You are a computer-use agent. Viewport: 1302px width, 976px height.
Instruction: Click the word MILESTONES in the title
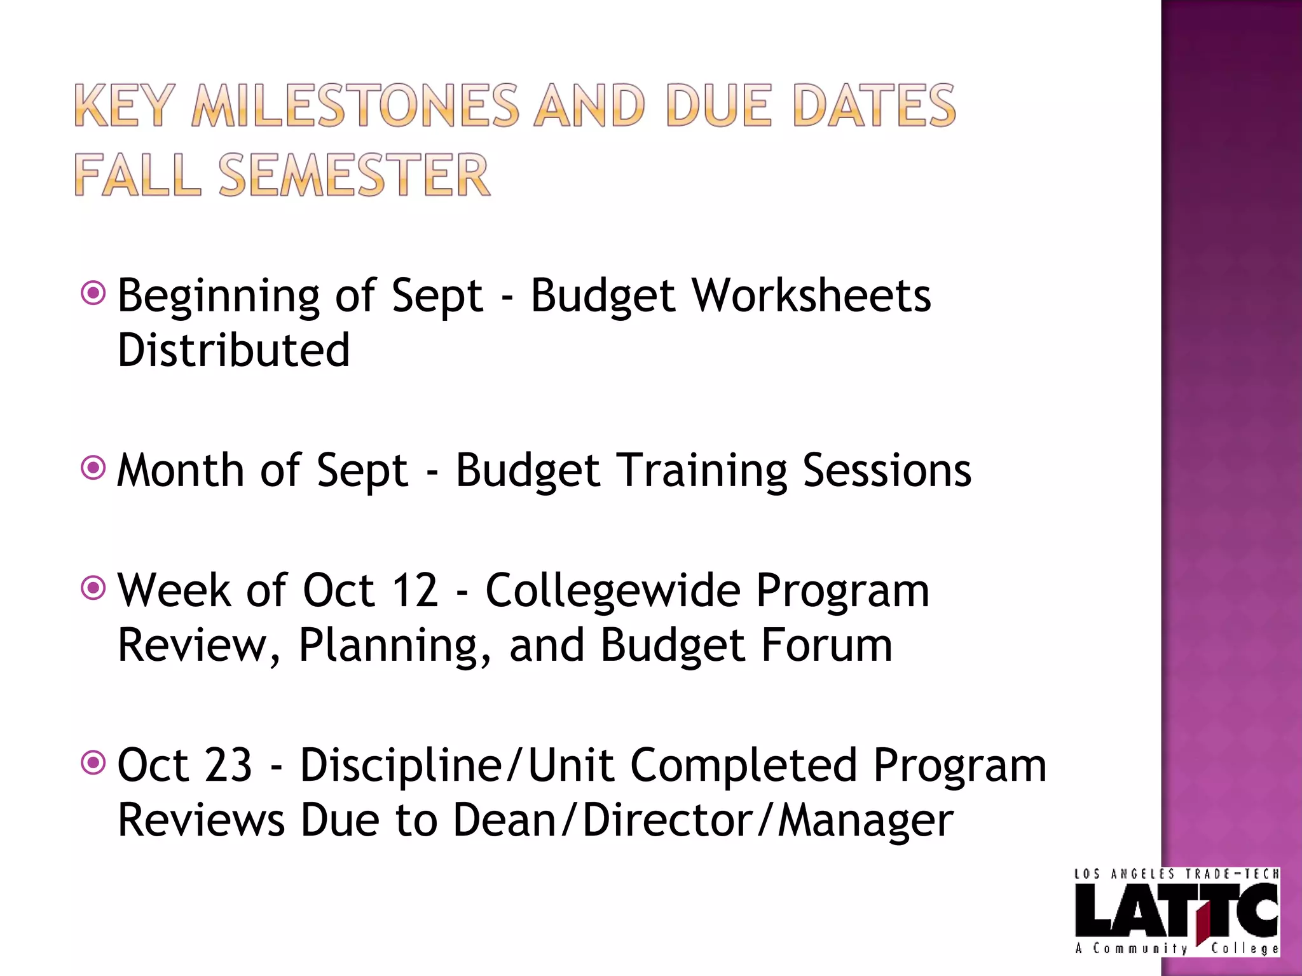[355, 105]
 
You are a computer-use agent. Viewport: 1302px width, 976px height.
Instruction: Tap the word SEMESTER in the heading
[353, 175]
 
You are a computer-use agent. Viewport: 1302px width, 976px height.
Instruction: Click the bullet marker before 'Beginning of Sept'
[93, 294]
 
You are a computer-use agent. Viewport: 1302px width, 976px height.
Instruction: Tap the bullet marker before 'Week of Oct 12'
[93, 588]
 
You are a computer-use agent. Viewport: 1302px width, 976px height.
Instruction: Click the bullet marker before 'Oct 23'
[93, 762]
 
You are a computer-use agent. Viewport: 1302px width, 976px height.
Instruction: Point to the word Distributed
[233, 350]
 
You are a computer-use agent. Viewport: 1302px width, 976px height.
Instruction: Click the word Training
[702, 471]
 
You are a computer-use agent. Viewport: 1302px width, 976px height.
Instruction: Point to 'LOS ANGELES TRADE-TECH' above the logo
[1175, 874]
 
